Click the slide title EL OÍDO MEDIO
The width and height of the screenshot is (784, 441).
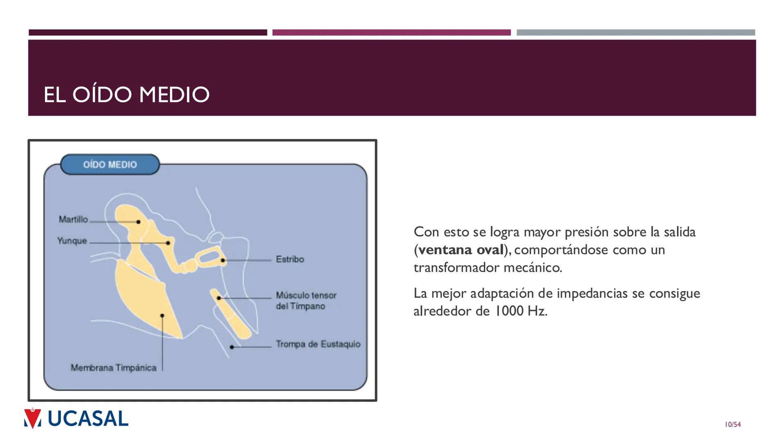[x=126, y=94]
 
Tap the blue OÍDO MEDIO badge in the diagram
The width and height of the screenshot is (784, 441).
[x=110, y=165]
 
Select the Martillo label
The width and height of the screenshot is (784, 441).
[x=73, y=220]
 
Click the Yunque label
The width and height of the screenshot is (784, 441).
[x=72, y=241]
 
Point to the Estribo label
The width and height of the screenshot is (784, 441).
[x=290, y=259]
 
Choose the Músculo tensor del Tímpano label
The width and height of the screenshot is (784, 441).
[x=306, y=301]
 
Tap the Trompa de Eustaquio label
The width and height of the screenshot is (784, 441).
[x=318, y=344]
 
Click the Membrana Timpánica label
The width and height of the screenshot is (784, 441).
[x=114, y=368]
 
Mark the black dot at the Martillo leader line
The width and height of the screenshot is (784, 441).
[x=138, y=222]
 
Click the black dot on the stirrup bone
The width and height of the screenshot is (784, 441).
[x=223, y=260]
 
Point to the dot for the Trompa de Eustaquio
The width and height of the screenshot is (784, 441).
[x=232, y=347]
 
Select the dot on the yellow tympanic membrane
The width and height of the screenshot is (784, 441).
[x=162, y=316]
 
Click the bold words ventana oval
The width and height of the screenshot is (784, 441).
[x=461, y=249]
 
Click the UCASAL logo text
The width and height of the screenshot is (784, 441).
[x=88, y=419]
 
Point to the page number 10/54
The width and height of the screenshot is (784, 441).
[x=733, y=425]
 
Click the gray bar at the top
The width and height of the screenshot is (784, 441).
[x=635, y=33]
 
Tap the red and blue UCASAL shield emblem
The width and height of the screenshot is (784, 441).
[x=33, y=418]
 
